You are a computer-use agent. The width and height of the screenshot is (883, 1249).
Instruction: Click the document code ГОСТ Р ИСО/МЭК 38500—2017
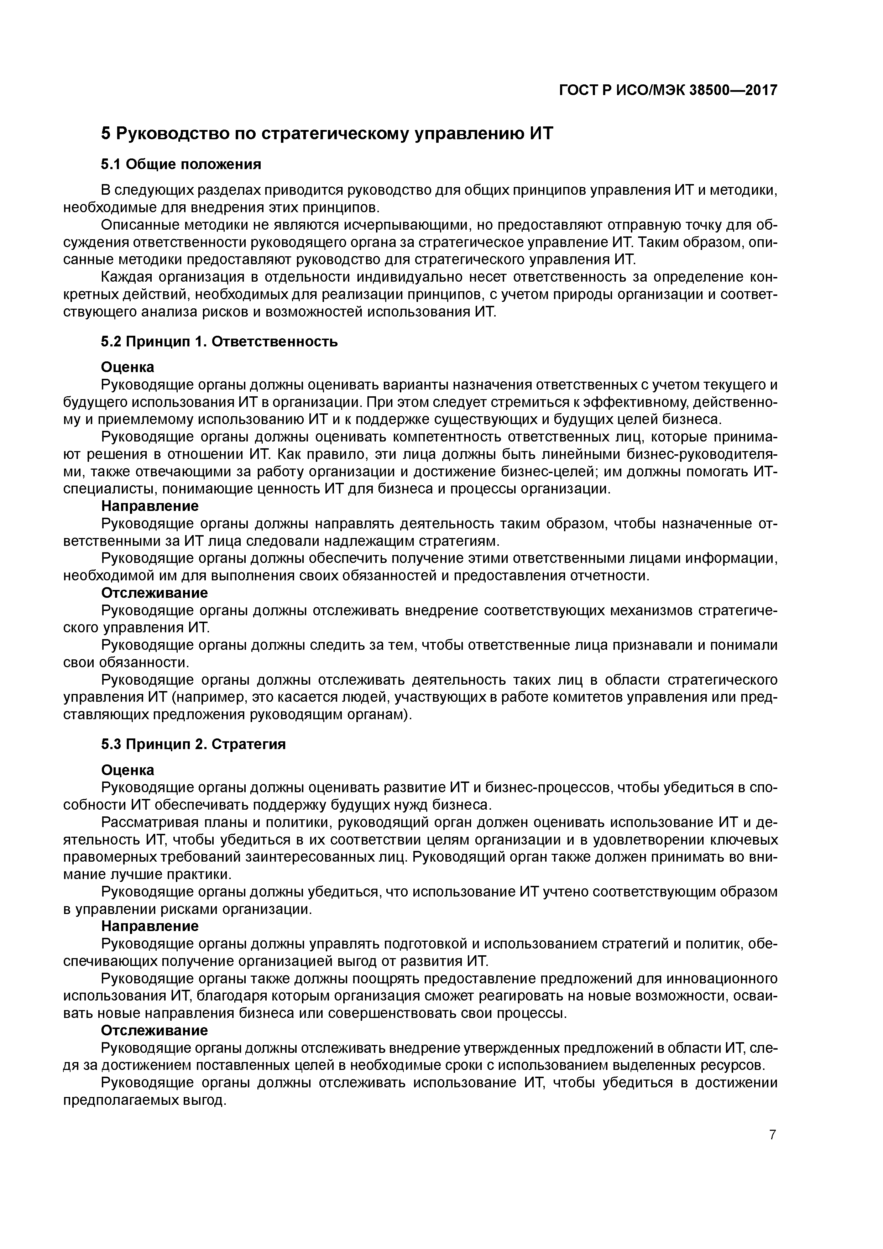click(668, 90)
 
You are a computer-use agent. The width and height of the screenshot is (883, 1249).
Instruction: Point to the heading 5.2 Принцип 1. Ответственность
click(219, 342)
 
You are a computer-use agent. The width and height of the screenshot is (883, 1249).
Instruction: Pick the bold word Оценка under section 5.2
click(128, 367)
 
